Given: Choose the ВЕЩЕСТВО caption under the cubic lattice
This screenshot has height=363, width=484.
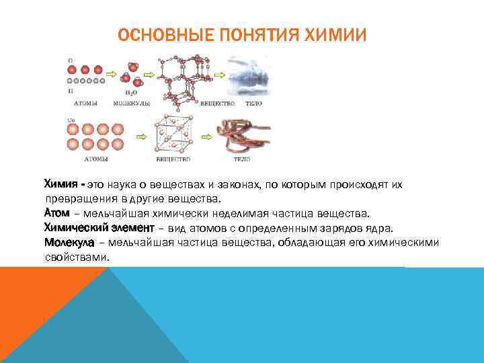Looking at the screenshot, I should pyautogui.click(x=173, y=159).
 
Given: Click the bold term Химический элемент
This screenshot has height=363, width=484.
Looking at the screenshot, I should pyautogui.click(x=99, y=228).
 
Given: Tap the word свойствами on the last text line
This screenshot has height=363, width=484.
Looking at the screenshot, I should pyautogui.click(x=75, y=257).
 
